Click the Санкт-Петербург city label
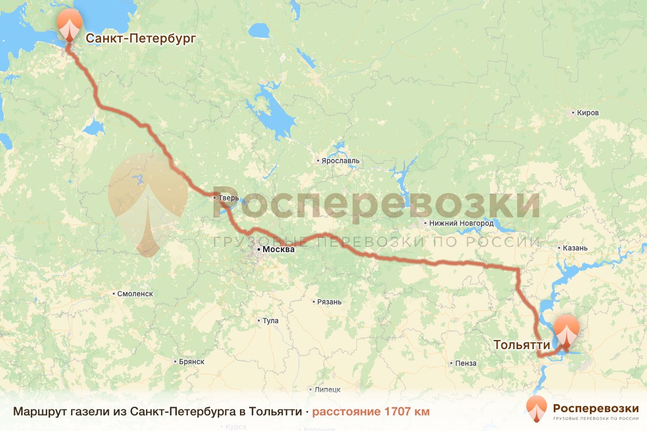tap(140, 38)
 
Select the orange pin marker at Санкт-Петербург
tap(70, 25)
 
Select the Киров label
tap(588, 113)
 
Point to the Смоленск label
tap(135, 294)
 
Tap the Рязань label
tap(329, 302)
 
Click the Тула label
tap(270, 321)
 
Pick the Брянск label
tap(192, 362)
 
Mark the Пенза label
tap(465, 363)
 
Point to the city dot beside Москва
tap(258, 250)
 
